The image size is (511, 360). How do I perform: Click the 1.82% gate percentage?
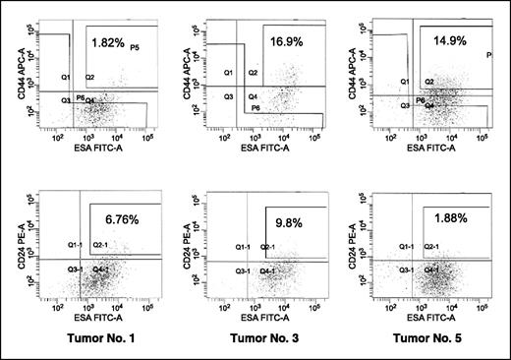108,44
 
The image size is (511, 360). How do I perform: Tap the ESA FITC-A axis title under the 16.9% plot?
264,150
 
